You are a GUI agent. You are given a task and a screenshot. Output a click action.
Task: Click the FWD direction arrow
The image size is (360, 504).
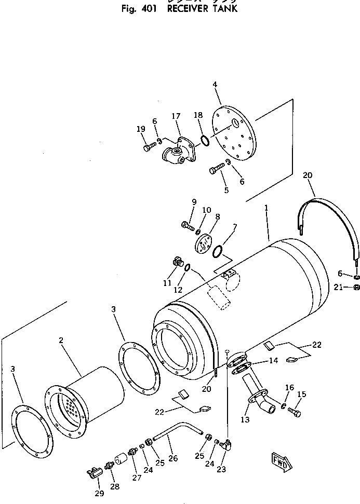tap(281, 460)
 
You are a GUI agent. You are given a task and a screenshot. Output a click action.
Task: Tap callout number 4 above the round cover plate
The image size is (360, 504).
tap(215, 85)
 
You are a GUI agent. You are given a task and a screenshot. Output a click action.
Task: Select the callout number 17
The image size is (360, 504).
tap(176, 116)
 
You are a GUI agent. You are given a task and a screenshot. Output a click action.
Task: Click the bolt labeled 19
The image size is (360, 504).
tap(147, 147)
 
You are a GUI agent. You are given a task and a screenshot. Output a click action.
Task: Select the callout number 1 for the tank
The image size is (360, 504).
tap(266, 208)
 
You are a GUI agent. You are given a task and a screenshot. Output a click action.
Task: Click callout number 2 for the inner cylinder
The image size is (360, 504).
tap(61, 340)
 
